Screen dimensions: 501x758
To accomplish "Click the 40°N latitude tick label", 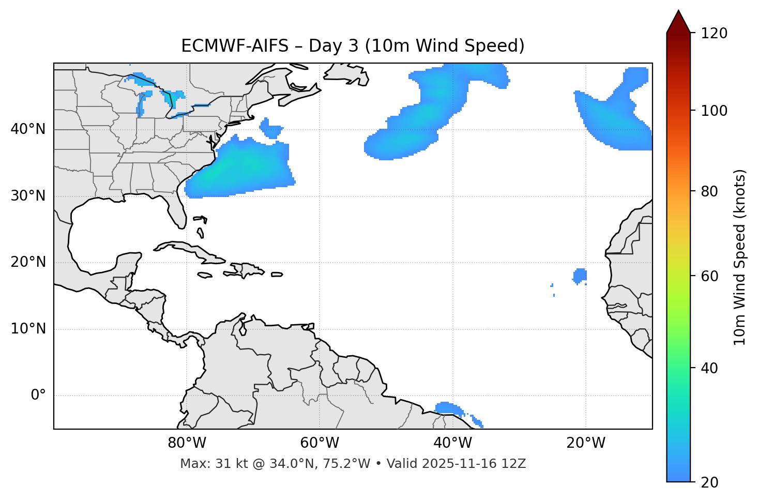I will tap(28, 129).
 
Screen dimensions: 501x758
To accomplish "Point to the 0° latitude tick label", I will tap(38, 396).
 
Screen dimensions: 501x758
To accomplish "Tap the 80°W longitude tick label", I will tap(187, 443).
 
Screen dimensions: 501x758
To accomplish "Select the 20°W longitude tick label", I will tap(586, 443).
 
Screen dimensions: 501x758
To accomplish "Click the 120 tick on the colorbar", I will tap(715, 34).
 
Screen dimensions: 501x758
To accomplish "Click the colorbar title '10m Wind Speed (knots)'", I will tap(739, 257).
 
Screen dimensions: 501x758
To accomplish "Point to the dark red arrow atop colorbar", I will tap(678, 22).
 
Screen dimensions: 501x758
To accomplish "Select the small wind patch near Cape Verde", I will tap(580, 275).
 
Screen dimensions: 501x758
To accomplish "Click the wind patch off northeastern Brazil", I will tap(448, 408).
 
